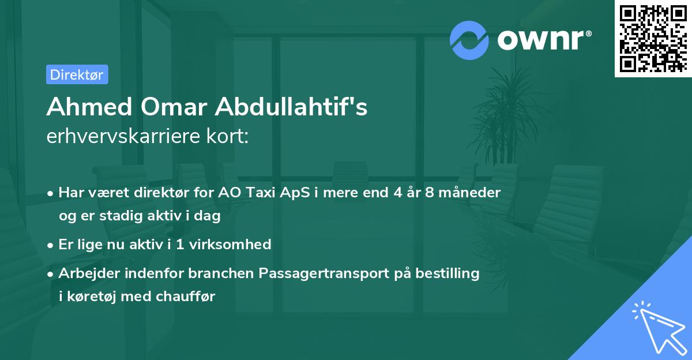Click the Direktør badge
(x=77, y=74)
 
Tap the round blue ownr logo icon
(x=469, y=40)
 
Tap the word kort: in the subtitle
(x=231, y=137)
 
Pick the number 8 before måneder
(x=430, y=193)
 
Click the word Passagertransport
(x=324, y=273)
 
